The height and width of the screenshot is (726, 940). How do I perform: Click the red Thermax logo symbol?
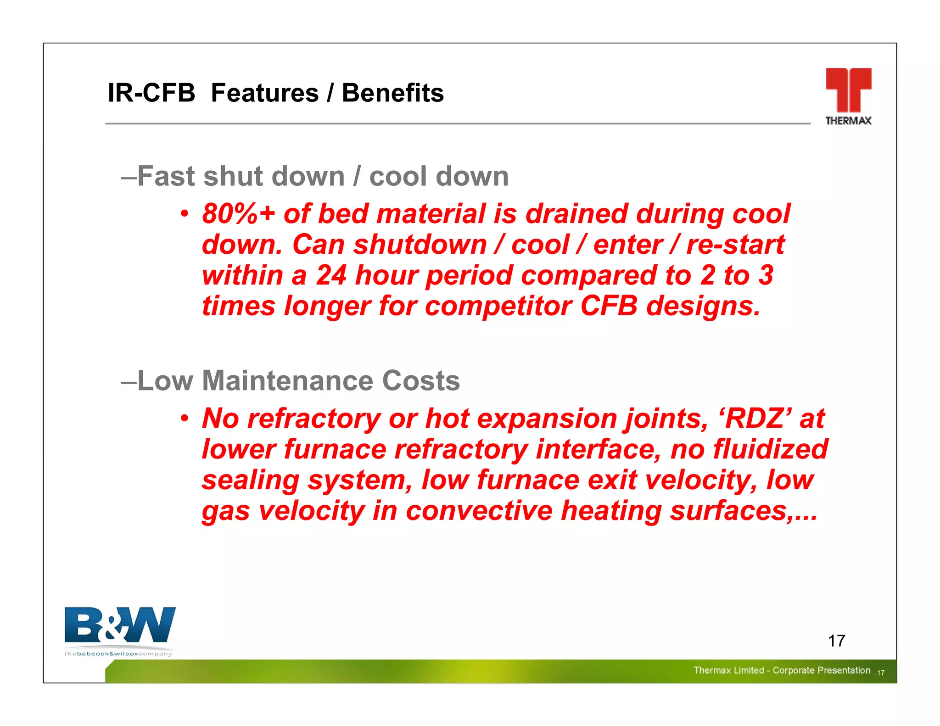click(x=848, y=89)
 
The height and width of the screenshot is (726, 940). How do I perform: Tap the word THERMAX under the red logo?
click(x=848, y=121)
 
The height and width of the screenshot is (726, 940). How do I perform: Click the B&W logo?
click(x=120, y=625)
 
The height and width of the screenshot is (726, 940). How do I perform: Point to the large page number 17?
click(x=836, y=641)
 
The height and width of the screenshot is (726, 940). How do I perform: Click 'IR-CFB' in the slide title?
click(x=151, y=93)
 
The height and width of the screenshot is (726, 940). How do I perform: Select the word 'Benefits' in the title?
click(x=393, y=93)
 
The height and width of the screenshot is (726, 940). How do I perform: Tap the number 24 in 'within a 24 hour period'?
click(x=331, y=275)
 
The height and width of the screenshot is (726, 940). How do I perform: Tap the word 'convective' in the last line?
click(x=479, y=511)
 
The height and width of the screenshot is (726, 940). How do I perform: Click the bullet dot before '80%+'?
click(x=184, y=214)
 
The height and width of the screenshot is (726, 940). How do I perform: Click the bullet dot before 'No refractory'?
click(x=184, y=419)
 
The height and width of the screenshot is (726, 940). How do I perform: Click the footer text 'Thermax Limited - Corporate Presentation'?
click(x=782, y=670)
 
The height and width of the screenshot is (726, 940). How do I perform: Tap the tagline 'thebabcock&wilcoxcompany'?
click(x=118, y=653)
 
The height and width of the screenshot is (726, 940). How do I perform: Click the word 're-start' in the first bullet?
click(x=735, y=245)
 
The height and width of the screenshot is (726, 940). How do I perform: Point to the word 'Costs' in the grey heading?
click(x=420, y=381)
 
